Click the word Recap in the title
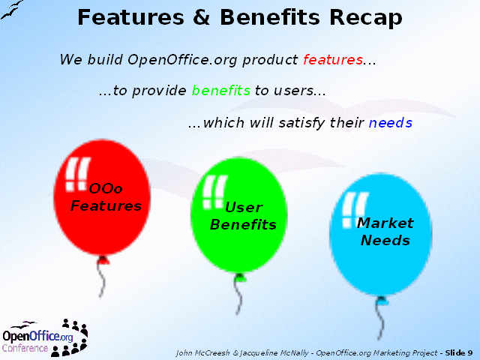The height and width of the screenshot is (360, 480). pos(366,18)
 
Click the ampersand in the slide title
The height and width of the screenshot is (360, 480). pos(202,17)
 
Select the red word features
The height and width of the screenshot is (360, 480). pos(333,59)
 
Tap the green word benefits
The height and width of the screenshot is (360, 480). pos(221,90)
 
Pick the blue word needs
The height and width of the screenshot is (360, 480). pos(391,123)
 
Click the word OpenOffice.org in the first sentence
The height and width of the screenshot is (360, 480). pos(182,60)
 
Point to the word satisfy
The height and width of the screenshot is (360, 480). pos(301,123)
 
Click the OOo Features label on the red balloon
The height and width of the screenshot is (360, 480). pos(106,197)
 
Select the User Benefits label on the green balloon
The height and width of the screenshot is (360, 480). pos(243,216)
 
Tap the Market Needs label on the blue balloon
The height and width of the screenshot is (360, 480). pos(385,232)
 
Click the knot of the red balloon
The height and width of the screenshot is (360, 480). pos(103,260)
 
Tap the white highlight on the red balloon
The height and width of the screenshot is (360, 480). pos(77,174)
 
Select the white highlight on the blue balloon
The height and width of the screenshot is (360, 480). pos(355,210)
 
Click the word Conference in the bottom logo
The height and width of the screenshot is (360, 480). pos(25,348)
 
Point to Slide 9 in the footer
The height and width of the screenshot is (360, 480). pos(459,353)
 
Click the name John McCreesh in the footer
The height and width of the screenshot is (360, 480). pos(202,353)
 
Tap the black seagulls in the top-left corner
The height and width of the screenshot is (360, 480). pos(12,10)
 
